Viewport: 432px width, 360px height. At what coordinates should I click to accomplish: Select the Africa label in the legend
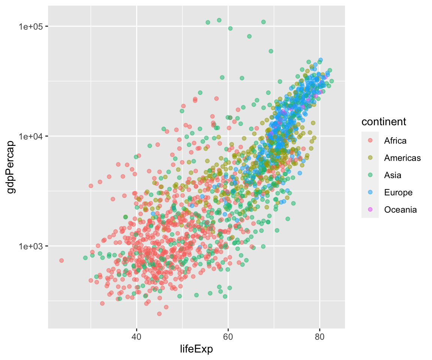coord(395,141)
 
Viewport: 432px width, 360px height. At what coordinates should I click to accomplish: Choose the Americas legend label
coord(402,158)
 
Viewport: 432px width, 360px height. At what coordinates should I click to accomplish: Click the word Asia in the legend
coord(393,175)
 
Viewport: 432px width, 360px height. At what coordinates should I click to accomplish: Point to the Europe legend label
coord(398,192)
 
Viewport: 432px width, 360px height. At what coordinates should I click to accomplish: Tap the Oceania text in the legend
coord(400,210)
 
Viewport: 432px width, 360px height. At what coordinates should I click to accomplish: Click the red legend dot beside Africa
coord(370,141)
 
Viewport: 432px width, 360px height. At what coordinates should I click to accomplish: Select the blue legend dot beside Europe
coord(370,192)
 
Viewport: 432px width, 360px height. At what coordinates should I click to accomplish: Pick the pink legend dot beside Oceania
coord(370,210)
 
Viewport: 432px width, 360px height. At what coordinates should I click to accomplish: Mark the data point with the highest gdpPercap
coord(219,20)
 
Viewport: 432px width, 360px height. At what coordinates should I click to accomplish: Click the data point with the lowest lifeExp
coord(61,260)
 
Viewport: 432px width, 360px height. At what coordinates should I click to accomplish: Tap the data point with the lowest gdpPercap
coord(159,313)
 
